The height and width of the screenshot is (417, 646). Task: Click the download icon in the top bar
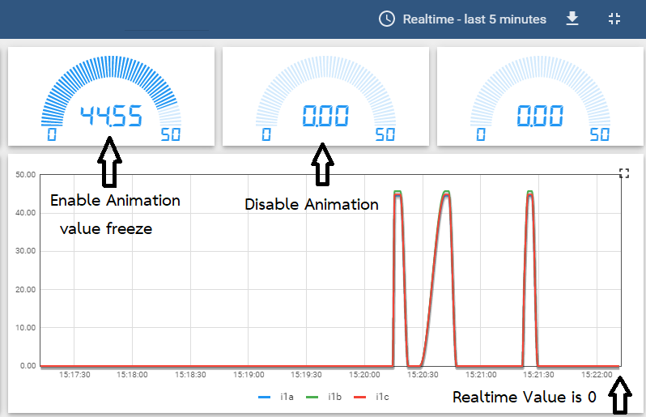tap(572, 19)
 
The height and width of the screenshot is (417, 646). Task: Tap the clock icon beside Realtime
tap(387, 19)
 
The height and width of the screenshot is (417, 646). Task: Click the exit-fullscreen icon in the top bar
tap(614, 19)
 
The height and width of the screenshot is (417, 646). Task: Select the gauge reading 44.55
tap(111, 117)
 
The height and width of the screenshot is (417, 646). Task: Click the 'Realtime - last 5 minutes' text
tap(474, 19)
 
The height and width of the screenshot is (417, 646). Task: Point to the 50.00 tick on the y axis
tap(26, 174)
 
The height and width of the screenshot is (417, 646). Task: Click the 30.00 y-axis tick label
tap(26, 251)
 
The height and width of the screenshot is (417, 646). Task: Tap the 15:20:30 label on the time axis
tap(423, 376)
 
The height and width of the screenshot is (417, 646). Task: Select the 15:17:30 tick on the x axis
tap(74, 376)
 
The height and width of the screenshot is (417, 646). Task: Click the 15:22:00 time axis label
tap(597, 376)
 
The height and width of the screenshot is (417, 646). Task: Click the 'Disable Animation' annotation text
tap(312, 205)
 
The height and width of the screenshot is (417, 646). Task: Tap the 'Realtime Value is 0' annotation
tap(525, 397)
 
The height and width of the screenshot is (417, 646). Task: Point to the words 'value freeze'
tap(106, 228)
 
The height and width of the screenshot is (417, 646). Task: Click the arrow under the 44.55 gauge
tap(110, 162)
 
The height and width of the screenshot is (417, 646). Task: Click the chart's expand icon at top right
tap(623, 172)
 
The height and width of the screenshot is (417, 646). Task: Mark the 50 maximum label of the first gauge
tap(170, 135)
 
